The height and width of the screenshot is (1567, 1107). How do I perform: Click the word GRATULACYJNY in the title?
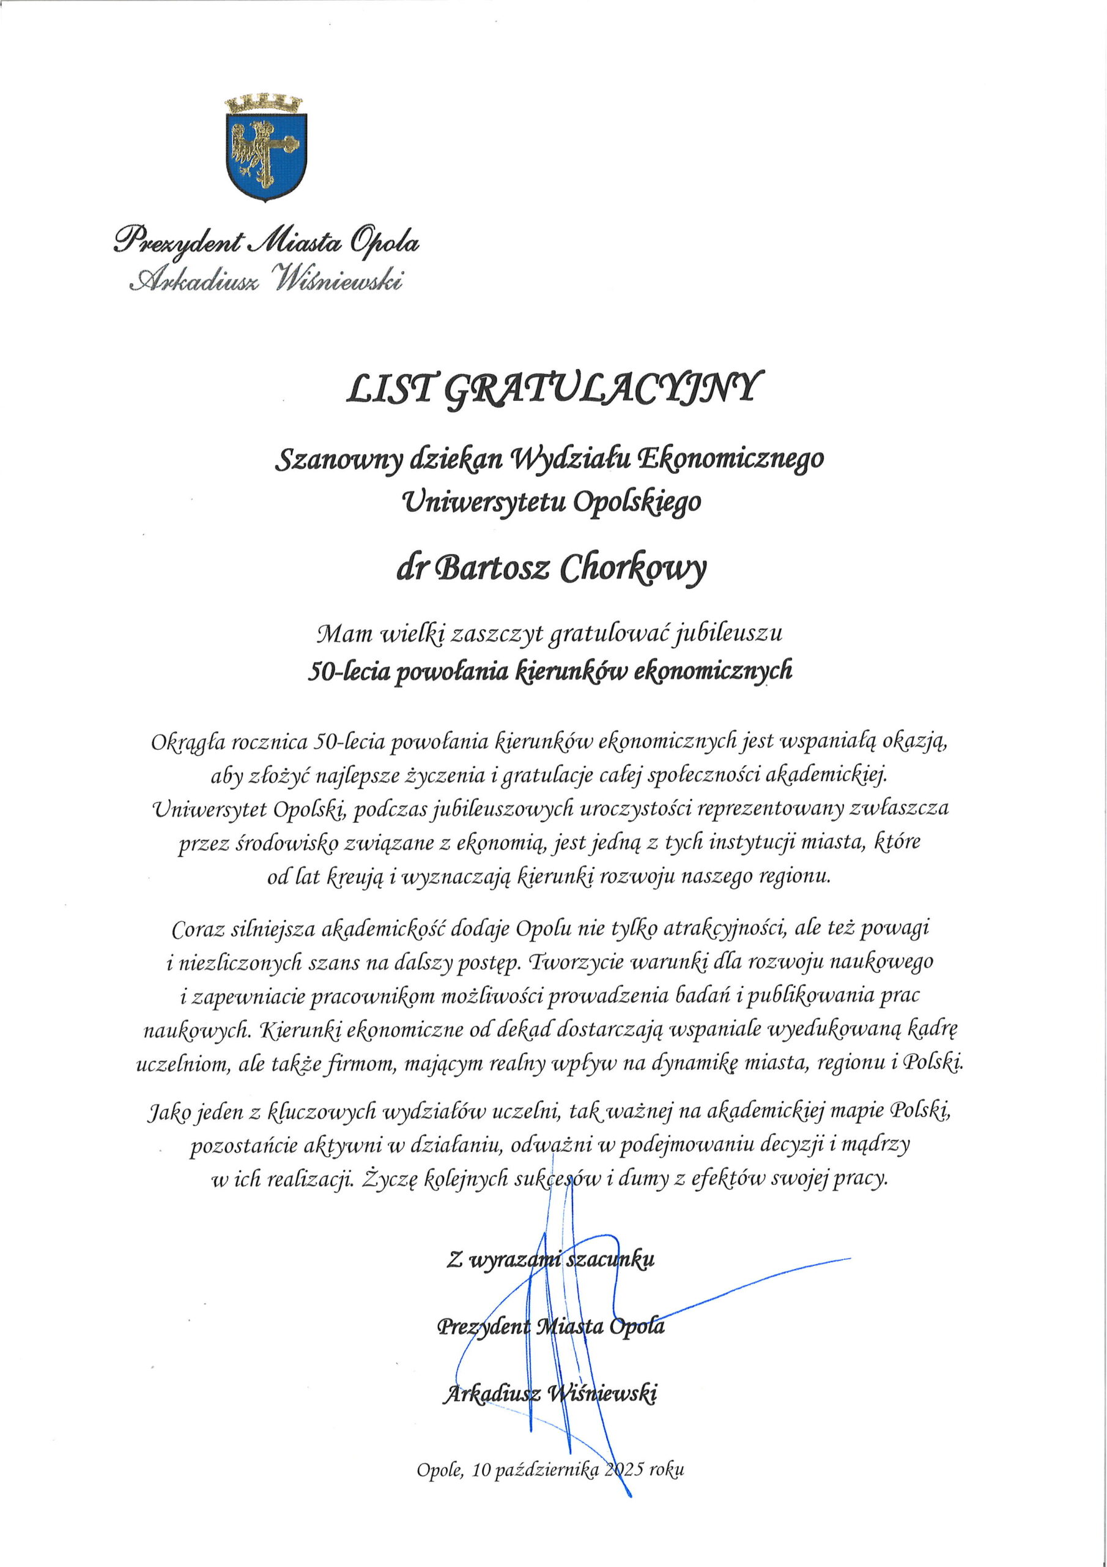click(x=599, y=391)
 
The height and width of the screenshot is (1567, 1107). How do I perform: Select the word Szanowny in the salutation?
click(x=337, y=461)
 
